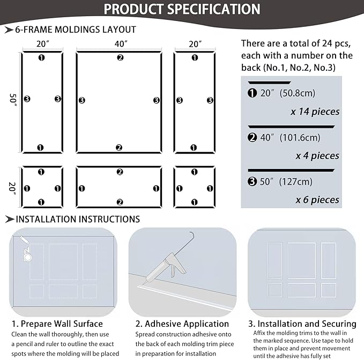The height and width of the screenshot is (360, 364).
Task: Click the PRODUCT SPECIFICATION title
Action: tap(182, 9)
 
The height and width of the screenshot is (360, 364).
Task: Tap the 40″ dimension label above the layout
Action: tap(121, 43)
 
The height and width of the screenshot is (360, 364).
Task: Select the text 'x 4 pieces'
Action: tap(317, 156)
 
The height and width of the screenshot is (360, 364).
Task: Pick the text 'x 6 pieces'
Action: tap(317, 200)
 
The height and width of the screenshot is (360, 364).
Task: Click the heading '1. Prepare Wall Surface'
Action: tap(57, 324)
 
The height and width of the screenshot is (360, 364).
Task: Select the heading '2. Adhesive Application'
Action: tap(182, 324)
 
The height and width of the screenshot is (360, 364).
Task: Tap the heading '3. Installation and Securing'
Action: tap(302, 324)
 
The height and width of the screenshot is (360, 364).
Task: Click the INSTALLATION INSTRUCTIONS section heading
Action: tap(78, 219)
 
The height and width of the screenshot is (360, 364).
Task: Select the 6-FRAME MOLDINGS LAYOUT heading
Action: tap(76, 30)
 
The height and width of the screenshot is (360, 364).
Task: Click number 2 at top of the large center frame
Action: tap(120, 57)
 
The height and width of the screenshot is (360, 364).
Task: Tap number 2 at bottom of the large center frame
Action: tap(120, 148)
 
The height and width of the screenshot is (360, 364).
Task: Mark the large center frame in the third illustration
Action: tap(302, 260)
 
